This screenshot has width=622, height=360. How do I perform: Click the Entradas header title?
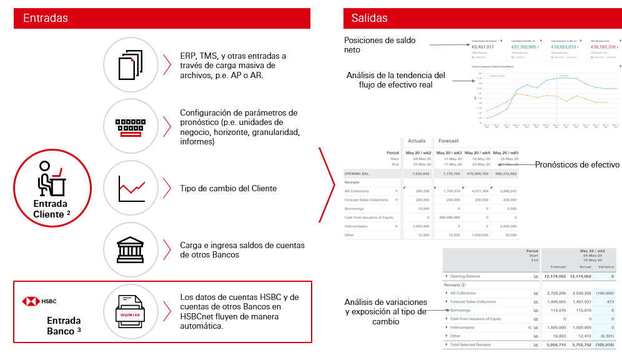tap(46, 18)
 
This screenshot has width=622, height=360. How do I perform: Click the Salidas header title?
tap(369, 18)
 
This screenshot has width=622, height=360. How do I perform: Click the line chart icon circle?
tap(131, 187)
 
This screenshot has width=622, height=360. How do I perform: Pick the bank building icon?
tap(131, 249)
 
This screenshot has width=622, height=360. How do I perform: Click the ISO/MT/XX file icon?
tap(131, 311)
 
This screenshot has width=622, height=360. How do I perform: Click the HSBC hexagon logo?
tap(27, 301)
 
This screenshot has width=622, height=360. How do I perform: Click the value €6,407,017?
tap(483, 47)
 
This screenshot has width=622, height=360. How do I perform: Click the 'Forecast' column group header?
tap(448, 141)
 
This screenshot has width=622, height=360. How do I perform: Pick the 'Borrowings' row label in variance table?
tap(462, 310)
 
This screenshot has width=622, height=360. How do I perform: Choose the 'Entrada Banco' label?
tap(64, 326)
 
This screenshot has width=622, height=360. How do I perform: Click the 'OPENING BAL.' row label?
tap(360, 174)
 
